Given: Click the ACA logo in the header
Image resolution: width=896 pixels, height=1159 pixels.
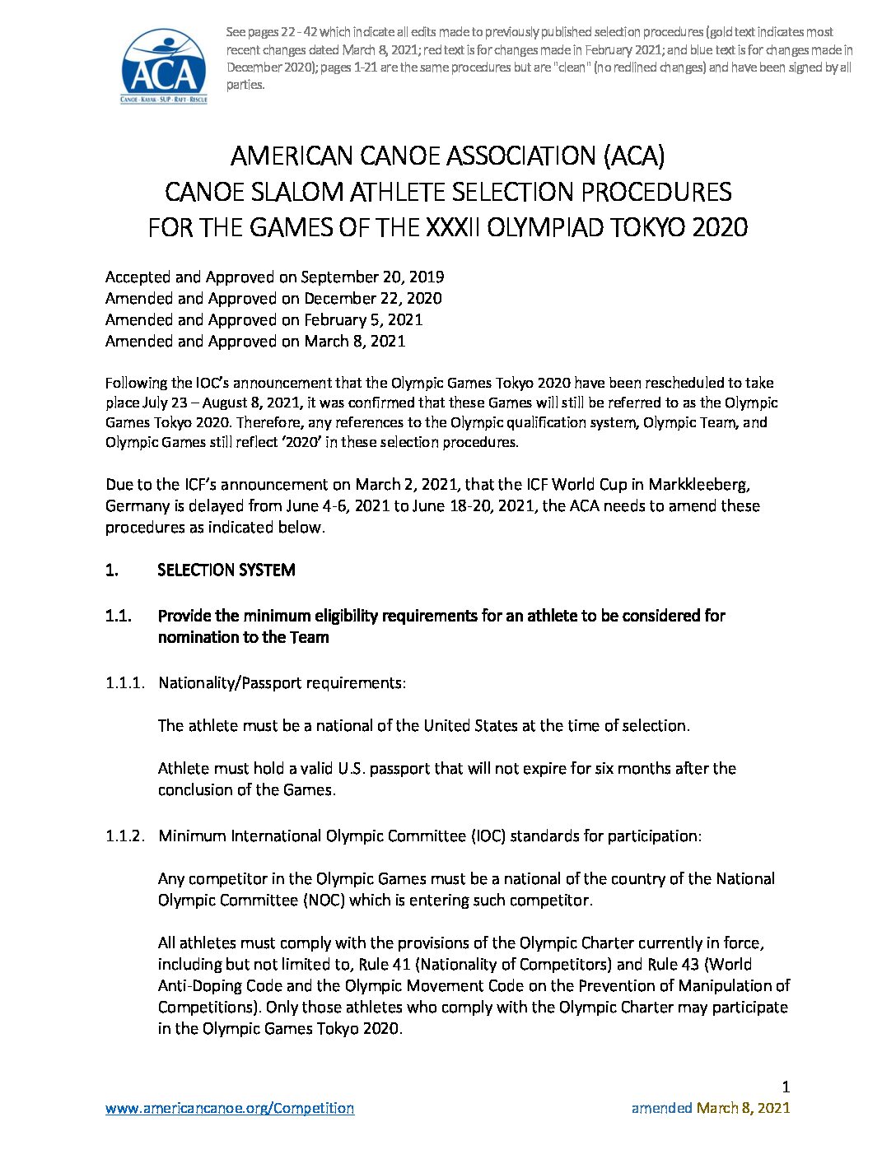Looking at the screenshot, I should click(x=164, y=65).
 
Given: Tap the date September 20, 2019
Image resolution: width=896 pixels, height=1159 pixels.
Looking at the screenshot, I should click(x=372, y=277).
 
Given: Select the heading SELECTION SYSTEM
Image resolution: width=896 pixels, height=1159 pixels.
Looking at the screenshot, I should click(x=226, y=570).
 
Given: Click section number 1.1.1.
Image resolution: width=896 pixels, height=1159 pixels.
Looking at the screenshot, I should click(x=125, y=682).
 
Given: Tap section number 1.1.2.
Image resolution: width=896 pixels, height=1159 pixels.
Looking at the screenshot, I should click(x=125, y=836).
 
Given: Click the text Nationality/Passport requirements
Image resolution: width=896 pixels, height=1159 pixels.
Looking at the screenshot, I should click(x=281, y=682).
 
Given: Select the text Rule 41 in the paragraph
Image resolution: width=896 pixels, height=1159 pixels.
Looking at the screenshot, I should click(x=385, y=964).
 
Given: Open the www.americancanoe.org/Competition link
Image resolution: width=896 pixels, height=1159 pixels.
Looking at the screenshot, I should click(x=230, y=1108).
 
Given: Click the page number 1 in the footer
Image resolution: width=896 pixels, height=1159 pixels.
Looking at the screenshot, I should click(x=786, y=1087).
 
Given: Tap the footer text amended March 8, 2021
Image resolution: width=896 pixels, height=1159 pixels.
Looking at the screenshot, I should click(x=710, y=1108).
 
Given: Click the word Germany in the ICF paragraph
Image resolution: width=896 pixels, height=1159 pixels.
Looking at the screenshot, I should click(x=137, y=505).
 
